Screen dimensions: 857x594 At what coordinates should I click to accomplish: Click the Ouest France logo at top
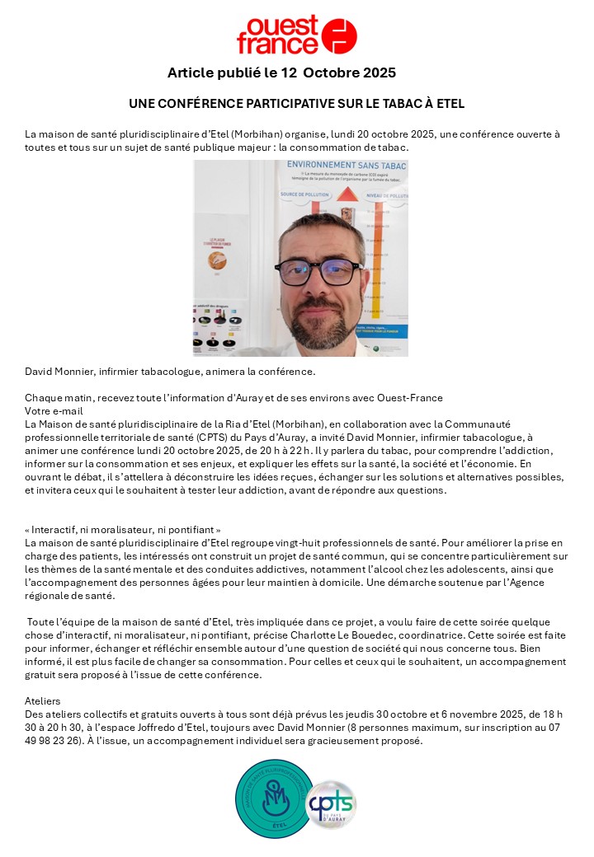(x=296, y=35)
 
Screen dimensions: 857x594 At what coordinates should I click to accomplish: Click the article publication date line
(x=281, y=73)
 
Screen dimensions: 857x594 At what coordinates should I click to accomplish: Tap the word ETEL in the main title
(x=449, y=104)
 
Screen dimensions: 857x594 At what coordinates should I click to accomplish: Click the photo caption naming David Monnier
(x=170, y=371)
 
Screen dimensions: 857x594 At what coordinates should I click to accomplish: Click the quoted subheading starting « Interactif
(x=123, y=530)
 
